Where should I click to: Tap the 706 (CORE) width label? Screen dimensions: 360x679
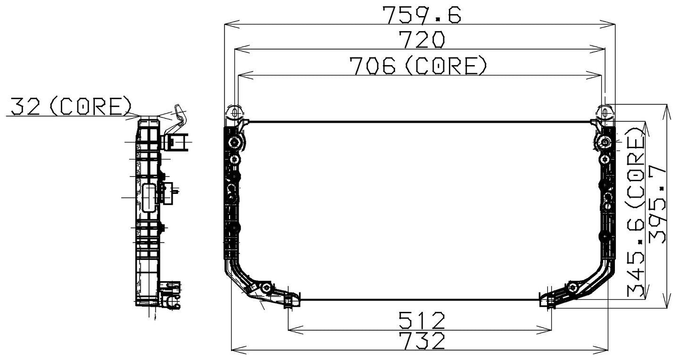coord(417,66)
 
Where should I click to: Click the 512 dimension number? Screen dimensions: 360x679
coord(421,321)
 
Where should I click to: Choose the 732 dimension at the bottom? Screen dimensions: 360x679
coord(421,341)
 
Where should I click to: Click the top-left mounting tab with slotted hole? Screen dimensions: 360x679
coord(234,113)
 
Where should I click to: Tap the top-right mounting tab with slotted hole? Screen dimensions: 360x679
coord(605,113)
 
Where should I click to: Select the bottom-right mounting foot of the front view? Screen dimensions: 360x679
coord(547,301)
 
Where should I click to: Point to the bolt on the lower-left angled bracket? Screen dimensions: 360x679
coord(267,288)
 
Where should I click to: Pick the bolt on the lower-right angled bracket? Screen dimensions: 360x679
coord(573,288)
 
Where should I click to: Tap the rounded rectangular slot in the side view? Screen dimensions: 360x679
coord(149,199)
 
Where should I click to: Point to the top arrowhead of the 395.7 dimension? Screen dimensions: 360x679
coord(666,109)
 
